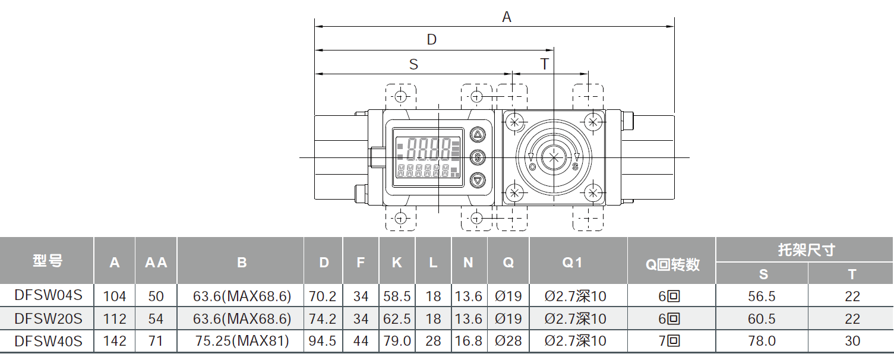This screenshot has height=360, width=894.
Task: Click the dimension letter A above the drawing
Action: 506,17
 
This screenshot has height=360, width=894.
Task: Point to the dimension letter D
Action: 432,40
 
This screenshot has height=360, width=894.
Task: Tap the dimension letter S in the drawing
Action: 413,64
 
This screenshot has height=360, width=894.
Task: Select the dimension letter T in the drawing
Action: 544,64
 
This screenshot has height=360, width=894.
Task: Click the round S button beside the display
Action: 478,157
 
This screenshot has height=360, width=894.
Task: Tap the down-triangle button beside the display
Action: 478,180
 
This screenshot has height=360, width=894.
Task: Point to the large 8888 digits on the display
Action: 426,147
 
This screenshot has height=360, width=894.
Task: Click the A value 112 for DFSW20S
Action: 115,319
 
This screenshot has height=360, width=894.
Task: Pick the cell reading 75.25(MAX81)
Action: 242,341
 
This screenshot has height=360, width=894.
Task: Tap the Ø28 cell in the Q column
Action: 508,341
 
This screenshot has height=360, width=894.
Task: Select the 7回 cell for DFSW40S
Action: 672,341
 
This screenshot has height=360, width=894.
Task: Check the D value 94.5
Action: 324,341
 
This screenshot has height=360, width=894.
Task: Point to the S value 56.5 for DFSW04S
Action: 762,296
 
